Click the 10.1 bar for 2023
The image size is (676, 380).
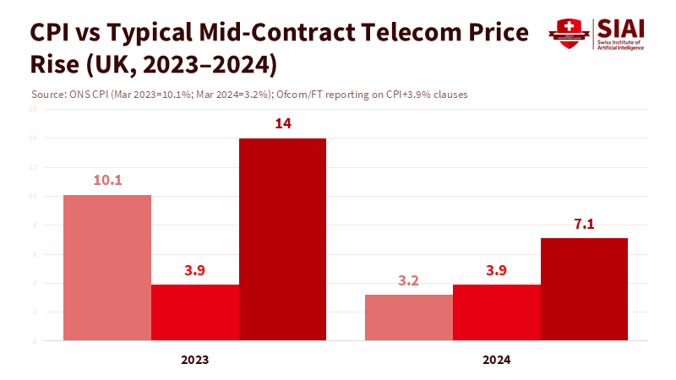(x=107, y=268)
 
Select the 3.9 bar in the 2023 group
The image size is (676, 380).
(x=195, y=312)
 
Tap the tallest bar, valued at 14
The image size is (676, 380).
(x=282, y=240)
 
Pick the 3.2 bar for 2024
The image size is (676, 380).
(x=409, y=318)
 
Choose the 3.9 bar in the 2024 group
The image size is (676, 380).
(x=497, y=312)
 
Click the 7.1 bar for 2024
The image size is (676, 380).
(x=584, y=290)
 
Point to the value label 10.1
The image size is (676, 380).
(x=107, y=179)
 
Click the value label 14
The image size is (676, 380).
(x=282, y=123)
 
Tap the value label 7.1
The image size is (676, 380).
(x=584, y=223)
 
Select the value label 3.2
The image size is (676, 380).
(x=409, y=280)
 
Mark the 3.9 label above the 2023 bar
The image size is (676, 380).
(x=195, y=269)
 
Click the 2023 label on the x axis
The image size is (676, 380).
(x=195, y=359)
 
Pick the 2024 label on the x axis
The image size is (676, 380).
(x=497, y=359)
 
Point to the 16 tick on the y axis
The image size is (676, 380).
(x=33, y=109)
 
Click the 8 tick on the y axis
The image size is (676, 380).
(x=34, y=225)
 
